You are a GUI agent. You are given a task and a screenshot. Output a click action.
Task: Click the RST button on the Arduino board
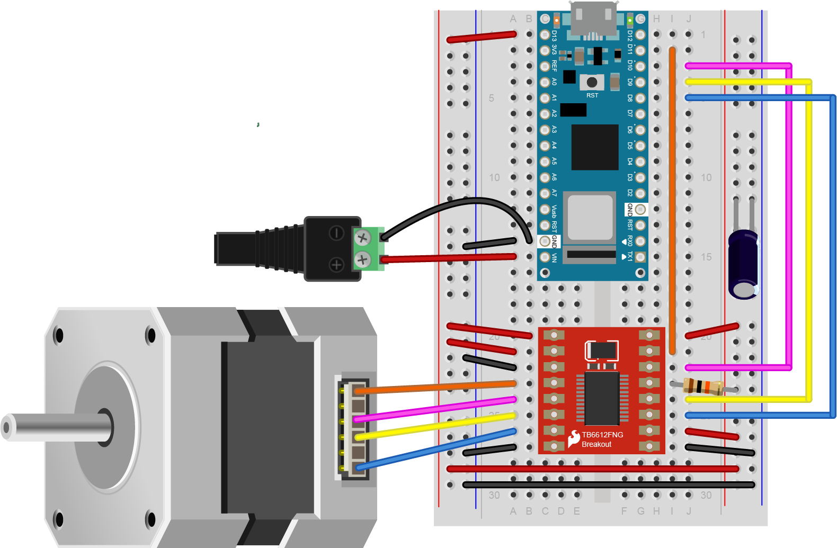[x=592, y=82]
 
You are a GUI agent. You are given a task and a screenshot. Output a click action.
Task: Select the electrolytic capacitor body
[x=743, y=265]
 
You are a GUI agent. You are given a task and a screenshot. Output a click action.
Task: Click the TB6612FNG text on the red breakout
[x=602, y=435]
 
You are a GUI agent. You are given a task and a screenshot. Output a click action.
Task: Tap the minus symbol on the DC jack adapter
[x=336, y=233]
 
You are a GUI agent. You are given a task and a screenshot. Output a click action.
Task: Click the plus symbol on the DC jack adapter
[x=336, y=264]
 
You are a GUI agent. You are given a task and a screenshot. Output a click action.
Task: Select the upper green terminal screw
[x=362, y=238]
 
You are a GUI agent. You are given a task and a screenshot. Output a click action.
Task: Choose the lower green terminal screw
[x=362, y=259]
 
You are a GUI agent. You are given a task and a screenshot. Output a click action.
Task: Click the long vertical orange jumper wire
[x=672, y=201]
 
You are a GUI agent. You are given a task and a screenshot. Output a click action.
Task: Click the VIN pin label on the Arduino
[x=554, y=257]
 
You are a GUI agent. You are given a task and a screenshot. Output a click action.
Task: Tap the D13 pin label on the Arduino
[x=554, y=35]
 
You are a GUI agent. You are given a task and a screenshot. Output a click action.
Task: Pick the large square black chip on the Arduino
[x=594, y=147]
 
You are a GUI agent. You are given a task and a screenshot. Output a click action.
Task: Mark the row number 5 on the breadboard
[x=492, y=98]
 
